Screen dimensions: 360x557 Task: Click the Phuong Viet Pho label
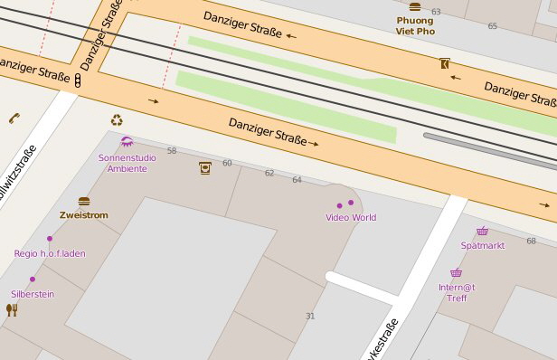click(x=415, y=25)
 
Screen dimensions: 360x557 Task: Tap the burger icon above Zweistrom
click(x=84, y=202)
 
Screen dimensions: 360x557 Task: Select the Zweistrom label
click(x=84, y=215)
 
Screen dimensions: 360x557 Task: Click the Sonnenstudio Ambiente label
click(x=127, y=163)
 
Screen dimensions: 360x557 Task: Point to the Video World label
click(x=351, y=217)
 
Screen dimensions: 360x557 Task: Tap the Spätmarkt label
click(x=482, y=245)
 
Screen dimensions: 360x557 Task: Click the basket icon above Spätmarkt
click(x=483, y=232)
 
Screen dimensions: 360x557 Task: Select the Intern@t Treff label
click(x=457, y=292)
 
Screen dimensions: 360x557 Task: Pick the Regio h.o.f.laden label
click(x=50, y=253)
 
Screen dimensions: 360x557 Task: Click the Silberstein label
click(x=33, y=294)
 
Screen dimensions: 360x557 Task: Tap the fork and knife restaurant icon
click(x=12, y=310)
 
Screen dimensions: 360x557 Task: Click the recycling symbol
click(x=117, y=119)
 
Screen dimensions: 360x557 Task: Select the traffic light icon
click(x=79, y=81)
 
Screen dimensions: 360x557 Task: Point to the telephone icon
click(x=14, y=118)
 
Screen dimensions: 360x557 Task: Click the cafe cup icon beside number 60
click(x=205, y=166)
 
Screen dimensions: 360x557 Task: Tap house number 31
click(x=310, y=316)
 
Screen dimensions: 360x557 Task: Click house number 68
click(x=531, y=241)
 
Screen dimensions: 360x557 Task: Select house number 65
click(x=493, y=26)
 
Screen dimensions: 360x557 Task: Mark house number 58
click(x=172, y=150)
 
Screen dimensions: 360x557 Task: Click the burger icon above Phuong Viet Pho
click(x=415, y=6)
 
